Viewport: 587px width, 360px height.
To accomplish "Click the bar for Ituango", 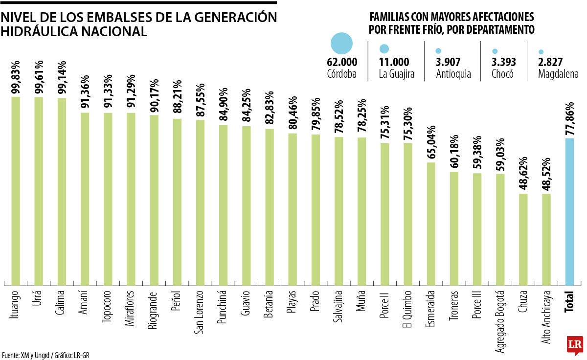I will click(x=16, y=191).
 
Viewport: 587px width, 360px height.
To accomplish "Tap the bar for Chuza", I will click(x=523, y=239).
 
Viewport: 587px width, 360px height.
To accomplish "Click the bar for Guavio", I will click(x=247, y=205).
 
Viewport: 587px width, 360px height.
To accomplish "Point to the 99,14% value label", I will click(x=62, y=78).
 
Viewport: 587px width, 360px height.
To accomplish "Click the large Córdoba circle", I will click(x=341, y=44).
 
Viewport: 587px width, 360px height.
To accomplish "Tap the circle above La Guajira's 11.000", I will click(x=384, y=49).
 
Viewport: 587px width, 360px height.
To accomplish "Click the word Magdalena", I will click(x=558, y=75).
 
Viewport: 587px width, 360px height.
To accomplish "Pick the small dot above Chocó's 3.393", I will click(x=495, y=51).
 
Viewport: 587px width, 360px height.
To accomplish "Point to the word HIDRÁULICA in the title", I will click(x=36, y=32).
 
